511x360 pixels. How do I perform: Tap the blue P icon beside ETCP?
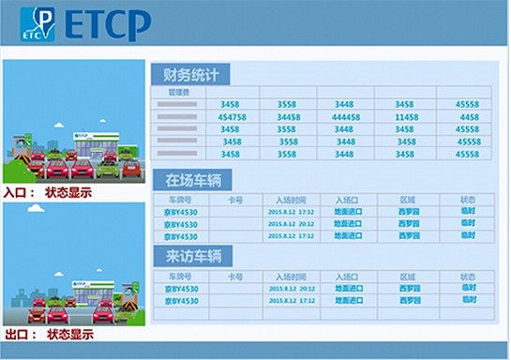click(38, 24)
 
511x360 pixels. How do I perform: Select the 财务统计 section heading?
click(190, 75)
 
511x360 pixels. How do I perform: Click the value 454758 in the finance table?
click(231, 116)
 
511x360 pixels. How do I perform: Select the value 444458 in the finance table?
click(345, 116)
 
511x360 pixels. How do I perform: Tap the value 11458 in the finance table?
click(405, 116)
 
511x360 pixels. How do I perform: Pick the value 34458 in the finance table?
click(289, 116)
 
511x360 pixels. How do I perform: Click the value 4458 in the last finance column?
click(468, 116)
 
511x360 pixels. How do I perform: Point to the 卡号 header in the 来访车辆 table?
click(235, 277)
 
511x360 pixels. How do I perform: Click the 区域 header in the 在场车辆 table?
click(407, 200)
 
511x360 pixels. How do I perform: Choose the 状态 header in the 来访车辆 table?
click(467, 277)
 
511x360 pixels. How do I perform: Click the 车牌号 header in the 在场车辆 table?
click(180, 200)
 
